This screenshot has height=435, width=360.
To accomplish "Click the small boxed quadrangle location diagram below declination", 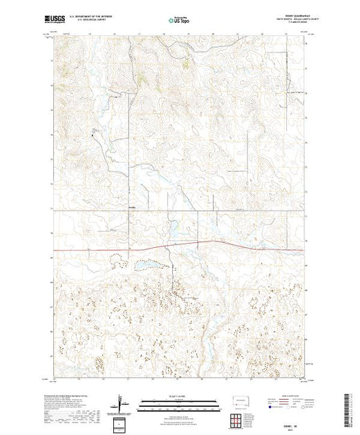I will coord(122,422).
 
